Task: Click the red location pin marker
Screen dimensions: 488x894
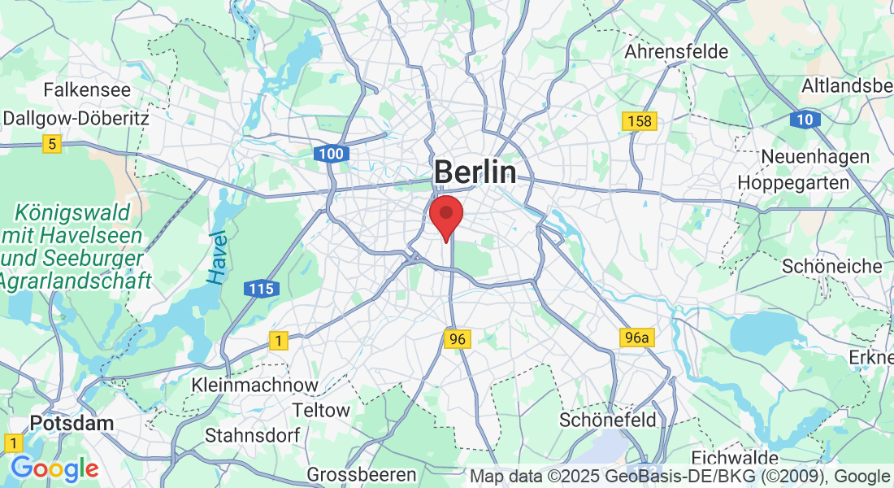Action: [446, 216]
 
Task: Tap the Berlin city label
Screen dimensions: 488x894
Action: [475, 172]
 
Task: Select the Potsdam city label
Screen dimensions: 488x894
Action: [72, 423]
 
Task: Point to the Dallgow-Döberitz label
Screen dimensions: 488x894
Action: [76, 118]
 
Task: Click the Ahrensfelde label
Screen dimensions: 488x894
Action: [676, 52]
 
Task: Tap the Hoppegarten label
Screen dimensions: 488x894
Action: [793, 183]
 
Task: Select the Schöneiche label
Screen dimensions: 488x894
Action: [831, 266]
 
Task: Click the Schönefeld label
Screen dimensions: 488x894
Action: [608, 420]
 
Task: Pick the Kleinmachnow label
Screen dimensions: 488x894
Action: [254, 384]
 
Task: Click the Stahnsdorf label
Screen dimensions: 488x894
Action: [252, 435]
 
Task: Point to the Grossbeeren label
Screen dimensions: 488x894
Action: [362, 473]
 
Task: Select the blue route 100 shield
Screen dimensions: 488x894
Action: [332, 154]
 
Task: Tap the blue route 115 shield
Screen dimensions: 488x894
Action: [262, 289]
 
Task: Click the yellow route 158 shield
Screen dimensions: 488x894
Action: [640, 121]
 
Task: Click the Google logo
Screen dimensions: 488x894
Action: [54, 469]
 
